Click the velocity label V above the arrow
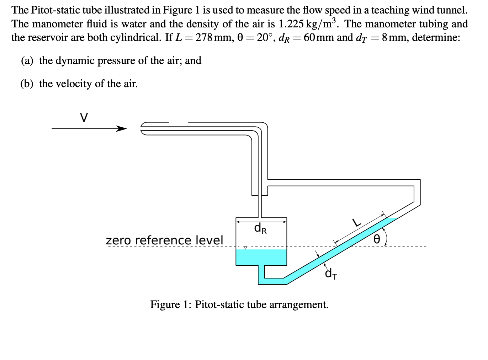tap(84, 117)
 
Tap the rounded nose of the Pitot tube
tap(143, 128)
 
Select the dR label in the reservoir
tap(260, 228)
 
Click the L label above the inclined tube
tap(356, 223)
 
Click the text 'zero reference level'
tap(164, 240)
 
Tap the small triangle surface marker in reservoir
tap(245, 247)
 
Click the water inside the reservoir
tap(261, 257)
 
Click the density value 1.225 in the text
tap(291, 24)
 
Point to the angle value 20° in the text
tap(265, 37)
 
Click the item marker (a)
tap(27, 61)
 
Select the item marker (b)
tap(27, 84)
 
